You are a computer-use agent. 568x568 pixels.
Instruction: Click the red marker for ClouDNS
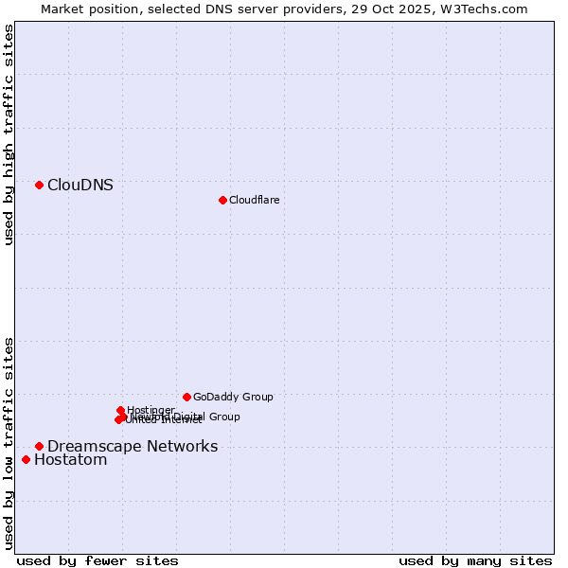[x=39, y=185]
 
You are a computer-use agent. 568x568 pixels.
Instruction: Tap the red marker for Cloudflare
[x=222, y=200]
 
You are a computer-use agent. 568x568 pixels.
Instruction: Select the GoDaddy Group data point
[x=186, y=397]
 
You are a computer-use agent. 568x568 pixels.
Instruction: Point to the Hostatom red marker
[x=26, y=460]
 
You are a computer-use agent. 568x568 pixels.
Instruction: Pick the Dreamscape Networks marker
[x=39, y=446]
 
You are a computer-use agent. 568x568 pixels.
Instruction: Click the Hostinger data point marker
[x=120, y=410]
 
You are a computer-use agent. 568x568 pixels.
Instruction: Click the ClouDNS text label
[x=80, y=186]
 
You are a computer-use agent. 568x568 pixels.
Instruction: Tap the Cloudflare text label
[x=254, y=200]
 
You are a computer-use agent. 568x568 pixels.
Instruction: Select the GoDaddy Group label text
[x=233, y=398]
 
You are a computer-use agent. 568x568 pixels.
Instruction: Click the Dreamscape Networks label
[x=133, y=447]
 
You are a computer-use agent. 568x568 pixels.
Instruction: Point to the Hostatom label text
[x=71, y=460]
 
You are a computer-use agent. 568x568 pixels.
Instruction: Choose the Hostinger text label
[x=151, y=410]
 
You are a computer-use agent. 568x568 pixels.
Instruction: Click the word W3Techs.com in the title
[x=484, y=9]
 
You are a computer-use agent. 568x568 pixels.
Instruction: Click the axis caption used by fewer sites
[x=98, y=560]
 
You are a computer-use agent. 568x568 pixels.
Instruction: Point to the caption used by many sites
[x=475, y=560]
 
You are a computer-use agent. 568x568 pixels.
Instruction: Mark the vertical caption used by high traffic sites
[x=9, y=134]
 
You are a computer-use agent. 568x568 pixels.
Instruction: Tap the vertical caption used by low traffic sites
[x=9, y=443]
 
